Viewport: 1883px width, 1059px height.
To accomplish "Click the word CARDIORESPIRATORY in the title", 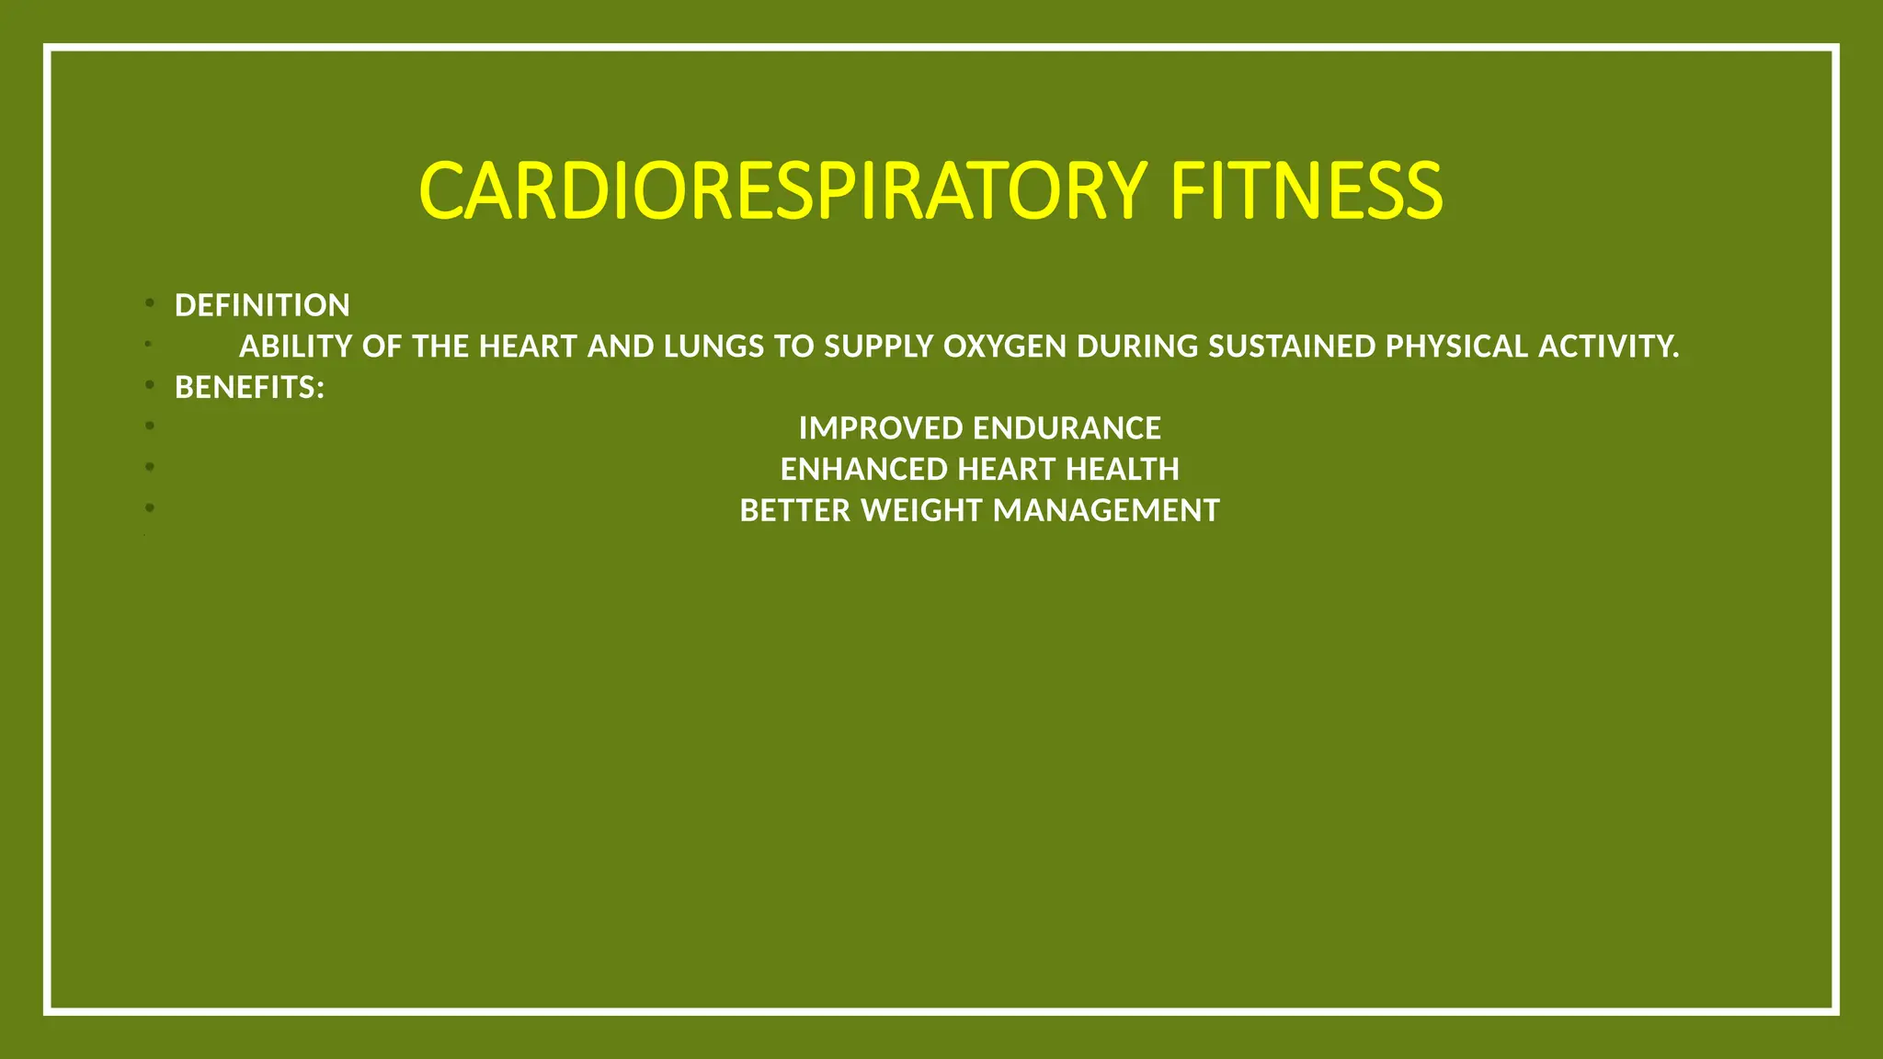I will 782,191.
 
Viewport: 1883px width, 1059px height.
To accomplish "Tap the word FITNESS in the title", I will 1306,191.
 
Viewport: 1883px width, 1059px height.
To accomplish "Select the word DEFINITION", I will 262,305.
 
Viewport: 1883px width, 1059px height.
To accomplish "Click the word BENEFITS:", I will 249,388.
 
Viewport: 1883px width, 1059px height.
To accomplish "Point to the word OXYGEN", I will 1005,347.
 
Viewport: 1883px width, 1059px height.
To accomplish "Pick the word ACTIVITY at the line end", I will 1607,347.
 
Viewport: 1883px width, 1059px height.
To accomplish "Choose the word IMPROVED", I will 881,428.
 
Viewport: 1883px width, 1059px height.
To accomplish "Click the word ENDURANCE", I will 1067,428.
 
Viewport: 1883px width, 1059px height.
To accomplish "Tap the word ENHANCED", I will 864,470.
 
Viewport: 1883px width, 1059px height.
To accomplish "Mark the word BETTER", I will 795,510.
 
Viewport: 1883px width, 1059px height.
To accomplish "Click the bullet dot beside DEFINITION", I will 149,302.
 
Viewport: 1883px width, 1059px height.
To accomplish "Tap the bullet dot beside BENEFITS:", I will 149,384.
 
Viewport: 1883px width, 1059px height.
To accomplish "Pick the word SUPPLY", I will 878,347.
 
